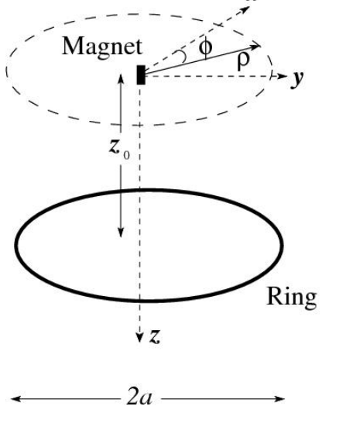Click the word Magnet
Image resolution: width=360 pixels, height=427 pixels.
click(102, 47)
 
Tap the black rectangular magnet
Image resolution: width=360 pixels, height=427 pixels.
click(141, 75)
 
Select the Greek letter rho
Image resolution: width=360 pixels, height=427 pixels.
click(243, 61)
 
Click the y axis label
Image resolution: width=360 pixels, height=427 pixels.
click(297, 79)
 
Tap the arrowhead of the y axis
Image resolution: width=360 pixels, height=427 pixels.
click(283, 76)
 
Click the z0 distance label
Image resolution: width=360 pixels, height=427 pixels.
click(119, 150)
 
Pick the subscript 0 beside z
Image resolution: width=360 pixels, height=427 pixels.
click(126, 155)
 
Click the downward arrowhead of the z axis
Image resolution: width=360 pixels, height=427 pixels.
click(140, 338)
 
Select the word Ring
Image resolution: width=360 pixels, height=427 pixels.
click(292, 298)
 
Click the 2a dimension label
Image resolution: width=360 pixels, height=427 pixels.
click(139, 398)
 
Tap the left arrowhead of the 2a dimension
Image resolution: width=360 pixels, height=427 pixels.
click(15, 399)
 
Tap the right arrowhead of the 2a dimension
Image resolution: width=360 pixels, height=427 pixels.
click(279, 399)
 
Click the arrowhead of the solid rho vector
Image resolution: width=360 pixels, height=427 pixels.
click(255, 46)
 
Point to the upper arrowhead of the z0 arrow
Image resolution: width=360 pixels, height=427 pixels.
click(121, 78)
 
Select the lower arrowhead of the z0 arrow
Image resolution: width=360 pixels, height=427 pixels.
click(121, 232)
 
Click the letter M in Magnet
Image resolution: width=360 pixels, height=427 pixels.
click(73, 46)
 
